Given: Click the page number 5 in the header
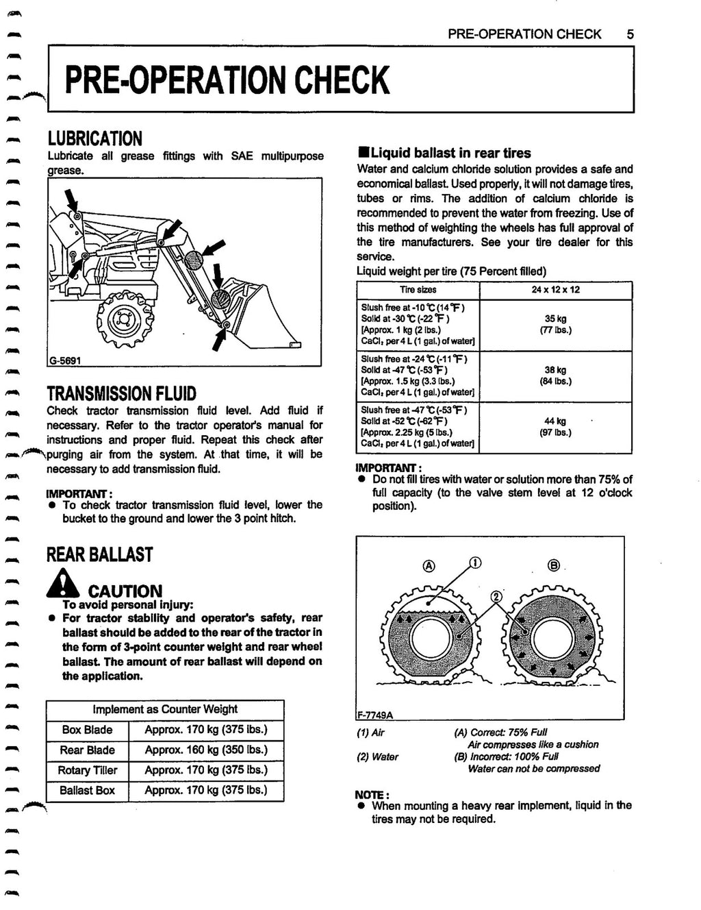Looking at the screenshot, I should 630,34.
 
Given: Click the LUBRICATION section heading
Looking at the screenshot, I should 94,138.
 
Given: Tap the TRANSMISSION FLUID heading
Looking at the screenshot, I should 121,393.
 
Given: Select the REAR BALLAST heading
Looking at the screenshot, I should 99,554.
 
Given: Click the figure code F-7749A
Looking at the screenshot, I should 374,715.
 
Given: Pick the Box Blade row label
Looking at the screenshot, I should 86,730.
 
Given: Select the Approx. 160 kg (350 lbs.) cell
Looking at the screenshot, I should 205,750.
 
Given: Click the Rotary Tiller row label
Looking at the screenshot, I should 87,770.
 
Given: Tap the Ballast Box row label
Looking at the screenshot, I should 87,790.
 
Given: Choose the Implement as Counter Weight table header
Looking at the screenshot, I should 165,709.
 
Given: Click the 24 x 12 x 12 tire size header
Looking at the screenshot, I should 555,290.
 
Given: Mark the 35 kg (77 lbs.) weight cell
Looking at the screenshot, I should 555,324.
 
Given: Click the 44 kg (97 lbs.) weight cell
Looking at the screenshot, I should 555,427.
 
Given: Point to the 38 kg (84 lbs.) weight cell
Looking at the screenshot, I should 555,376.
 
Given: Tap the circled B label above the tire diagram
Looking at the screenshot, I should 554,566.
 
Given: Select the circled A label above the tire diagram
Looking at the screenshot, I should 429,566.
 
